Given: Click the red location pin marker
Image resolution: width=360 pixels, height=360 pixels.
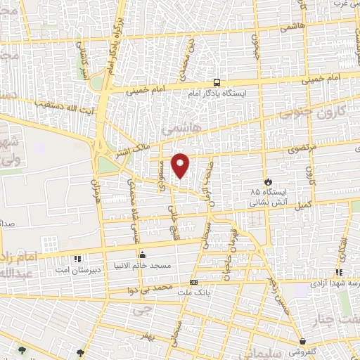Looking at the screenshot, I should click(181, 165).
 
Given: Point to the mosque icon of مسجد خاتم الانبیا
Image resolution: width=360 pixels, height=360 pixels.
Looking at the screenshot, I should click(143, 254).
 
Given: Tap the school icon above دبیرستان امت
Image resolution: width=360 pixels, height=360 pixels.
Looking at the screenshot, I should click(77, 258).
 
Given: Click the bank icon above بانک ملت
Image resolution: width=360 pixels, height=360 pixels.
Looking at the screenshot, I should click(193, 281).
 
